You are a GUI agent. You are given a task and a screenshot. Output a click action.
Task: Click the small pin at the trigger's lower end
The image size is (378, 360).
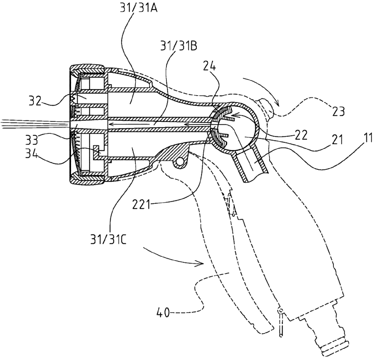(x=280, y=322)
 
